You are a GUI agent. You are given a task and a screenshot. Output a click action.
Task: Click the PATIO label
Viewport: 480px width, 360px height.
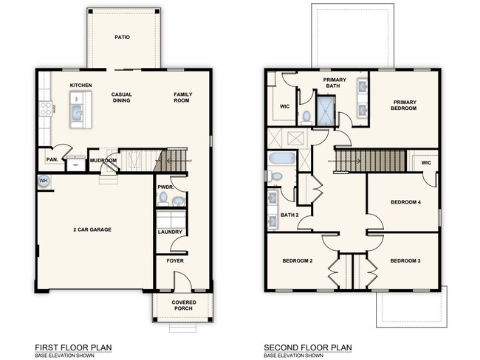point(123,36)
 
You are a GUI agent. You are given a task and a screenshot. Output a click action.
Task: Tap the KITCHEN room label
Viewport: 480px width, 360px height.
point(80,86)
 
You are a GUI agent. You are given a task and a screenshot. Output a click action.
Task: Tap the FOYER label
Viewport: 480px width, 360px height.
point(175,260)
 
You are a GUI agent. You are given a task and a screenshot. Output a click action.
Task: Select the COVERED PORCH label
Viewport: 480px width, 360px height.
point(183,305)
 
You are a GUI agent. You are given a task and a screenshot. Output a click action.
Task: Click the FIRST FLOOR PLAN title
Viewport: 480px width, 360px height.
point(70,347)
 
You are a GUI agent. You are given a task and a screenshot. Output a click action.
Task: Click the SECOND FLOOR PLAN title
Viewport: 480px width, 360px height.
point(308,347)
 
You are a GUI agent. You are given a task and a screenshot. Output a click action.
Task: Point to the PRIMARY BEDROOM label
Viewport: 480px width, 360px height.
point(405,105)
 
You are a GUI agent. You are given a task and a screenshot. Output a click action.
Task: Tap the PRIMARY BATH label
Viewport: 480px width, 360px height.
point(336,82)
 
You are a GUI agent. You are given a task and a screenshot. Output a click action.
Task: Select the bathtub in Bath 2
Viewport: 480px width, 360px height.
point(281,159)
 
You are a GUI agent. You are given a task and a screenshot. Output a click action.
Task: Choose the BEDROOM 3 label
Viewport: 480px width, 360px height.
point(405,260)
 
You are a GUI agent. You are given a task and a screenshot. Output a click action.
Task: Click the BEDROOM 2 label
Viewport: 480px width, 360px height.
point(298,260)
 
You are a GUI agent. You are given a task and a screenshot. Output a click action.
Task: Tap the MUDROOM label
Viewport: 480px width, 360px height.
point(103,160)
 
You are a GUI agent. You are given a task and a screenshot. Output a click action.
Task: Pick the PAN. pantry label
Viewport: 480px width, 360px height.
point(52,159)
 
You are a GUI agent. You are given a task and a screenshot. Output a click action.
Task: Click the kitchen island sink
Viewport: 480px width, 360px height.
point(76,112)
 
